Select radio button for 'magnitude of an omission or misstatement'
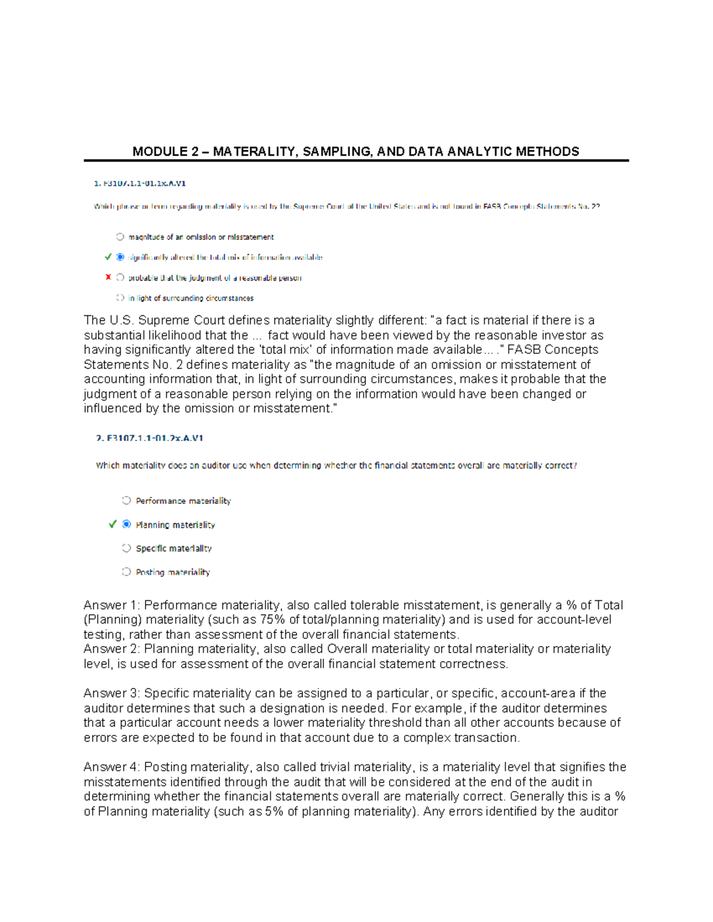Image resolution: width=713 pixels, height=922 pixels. [x=120, y=237]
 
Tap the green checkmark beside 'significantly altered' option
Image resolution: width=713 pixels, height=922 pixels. [x=108, y=257]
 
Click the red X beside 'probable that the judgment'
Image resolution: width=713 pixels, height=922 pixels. [x=108, y=277]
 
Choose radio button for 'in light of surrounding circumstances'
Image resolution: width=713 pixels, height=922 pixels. [x=120, y=298]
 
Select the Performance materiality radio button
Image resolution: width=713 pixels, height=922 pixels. [x=126, y=500]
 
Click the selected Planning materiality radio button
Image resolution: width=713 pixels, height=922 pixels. [x=126, y=524]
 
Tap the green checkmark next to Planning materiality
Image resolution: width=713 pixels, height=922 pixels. [x=112, y=524]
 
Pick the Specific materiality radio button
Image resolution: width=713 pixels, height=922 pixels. [x=126, y=548]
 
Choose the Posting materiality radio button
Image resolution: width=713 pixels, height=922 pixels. [x=126, y=572]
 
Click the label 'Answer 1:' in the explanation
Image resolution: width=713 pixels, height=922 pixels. [x=112, y=605]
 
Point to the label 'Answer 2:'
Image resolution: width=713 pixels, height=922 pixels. [x=112, y=649]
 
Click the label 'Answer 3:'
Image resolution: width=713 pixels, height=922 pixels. [x=112, y=693]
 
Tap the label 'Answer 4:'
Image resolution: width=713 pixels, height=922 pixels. [x=112, y=767]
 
